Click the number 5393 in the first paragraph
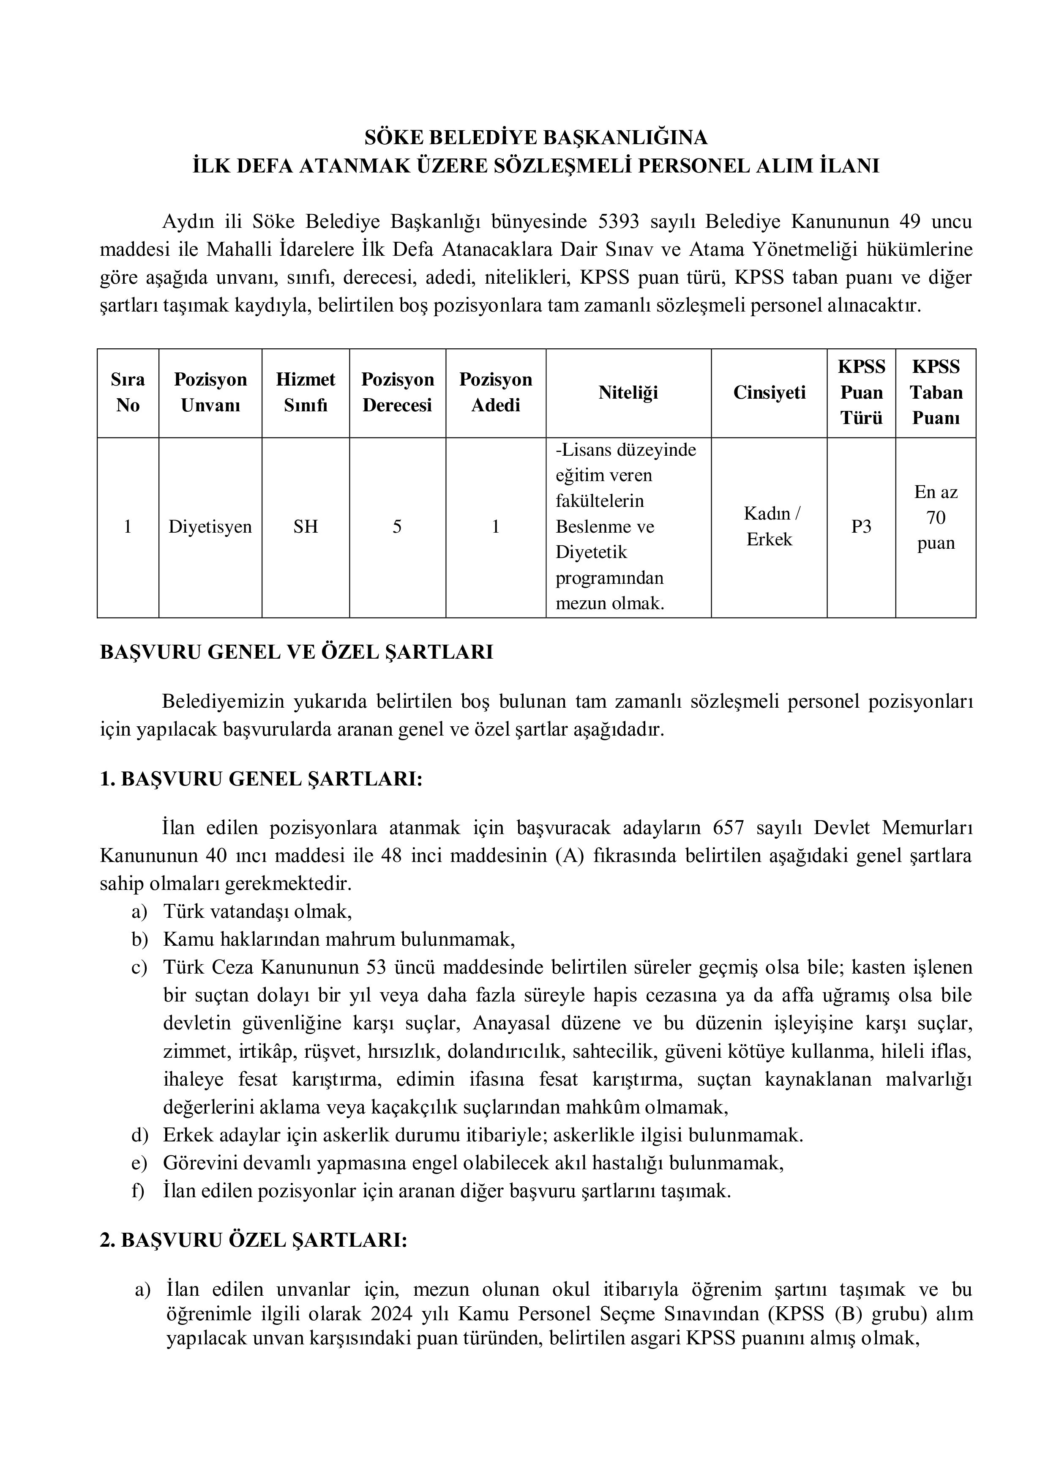[619, 222]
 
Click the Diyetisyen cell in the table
[210, 526]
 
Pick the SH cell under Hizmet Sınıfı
[306, 526]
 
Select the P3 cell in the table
[861, 526]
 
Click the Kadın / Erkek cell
[769, 526]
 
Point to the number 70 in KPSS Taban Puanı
[935, 517]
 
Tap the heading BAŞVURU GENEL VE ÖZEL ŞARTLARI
[296, 652]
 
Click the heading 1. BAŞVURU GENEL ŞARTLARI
[261, 779]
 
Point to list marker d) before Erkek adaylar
[139, 1135]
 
